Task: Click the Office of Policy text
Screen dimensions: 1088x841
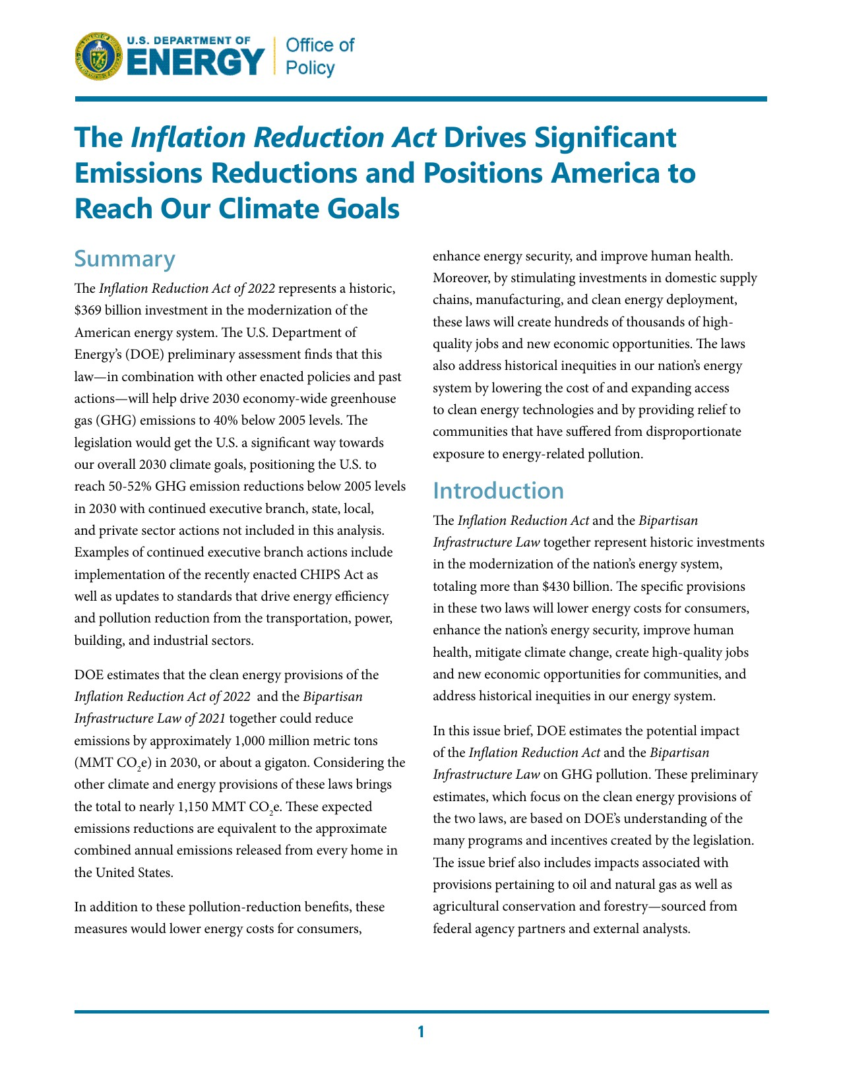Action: pos(319,56)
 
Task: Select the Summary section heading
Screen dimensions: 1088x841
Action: pos(125,258)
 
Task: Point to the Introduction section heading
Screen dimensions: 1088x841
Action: pos(498,491)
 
